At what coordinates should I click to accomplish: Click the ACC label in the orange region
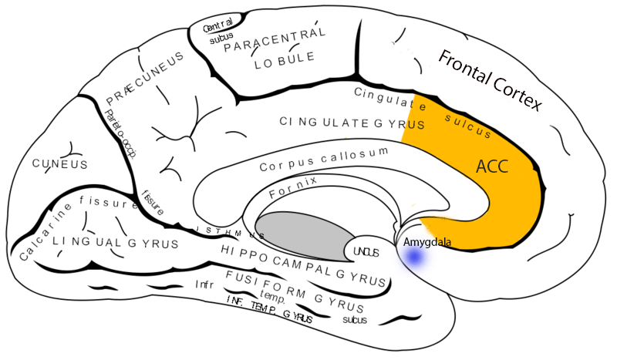(x=492, y=167)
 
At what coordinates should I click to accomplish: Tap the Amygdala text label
(x=427, y=243)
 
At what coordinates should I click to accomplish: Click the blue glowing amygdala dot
(x=416, y=260)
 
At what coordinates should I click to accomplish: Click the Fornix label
(x=292, y=188)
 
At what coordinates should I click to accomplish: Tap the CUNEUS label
(x=59, y=164)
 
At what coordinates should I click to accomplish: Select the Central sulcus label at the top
(x=217, y=34)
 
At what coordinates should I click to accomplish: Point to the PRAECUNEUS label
(x=145, y=79)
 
